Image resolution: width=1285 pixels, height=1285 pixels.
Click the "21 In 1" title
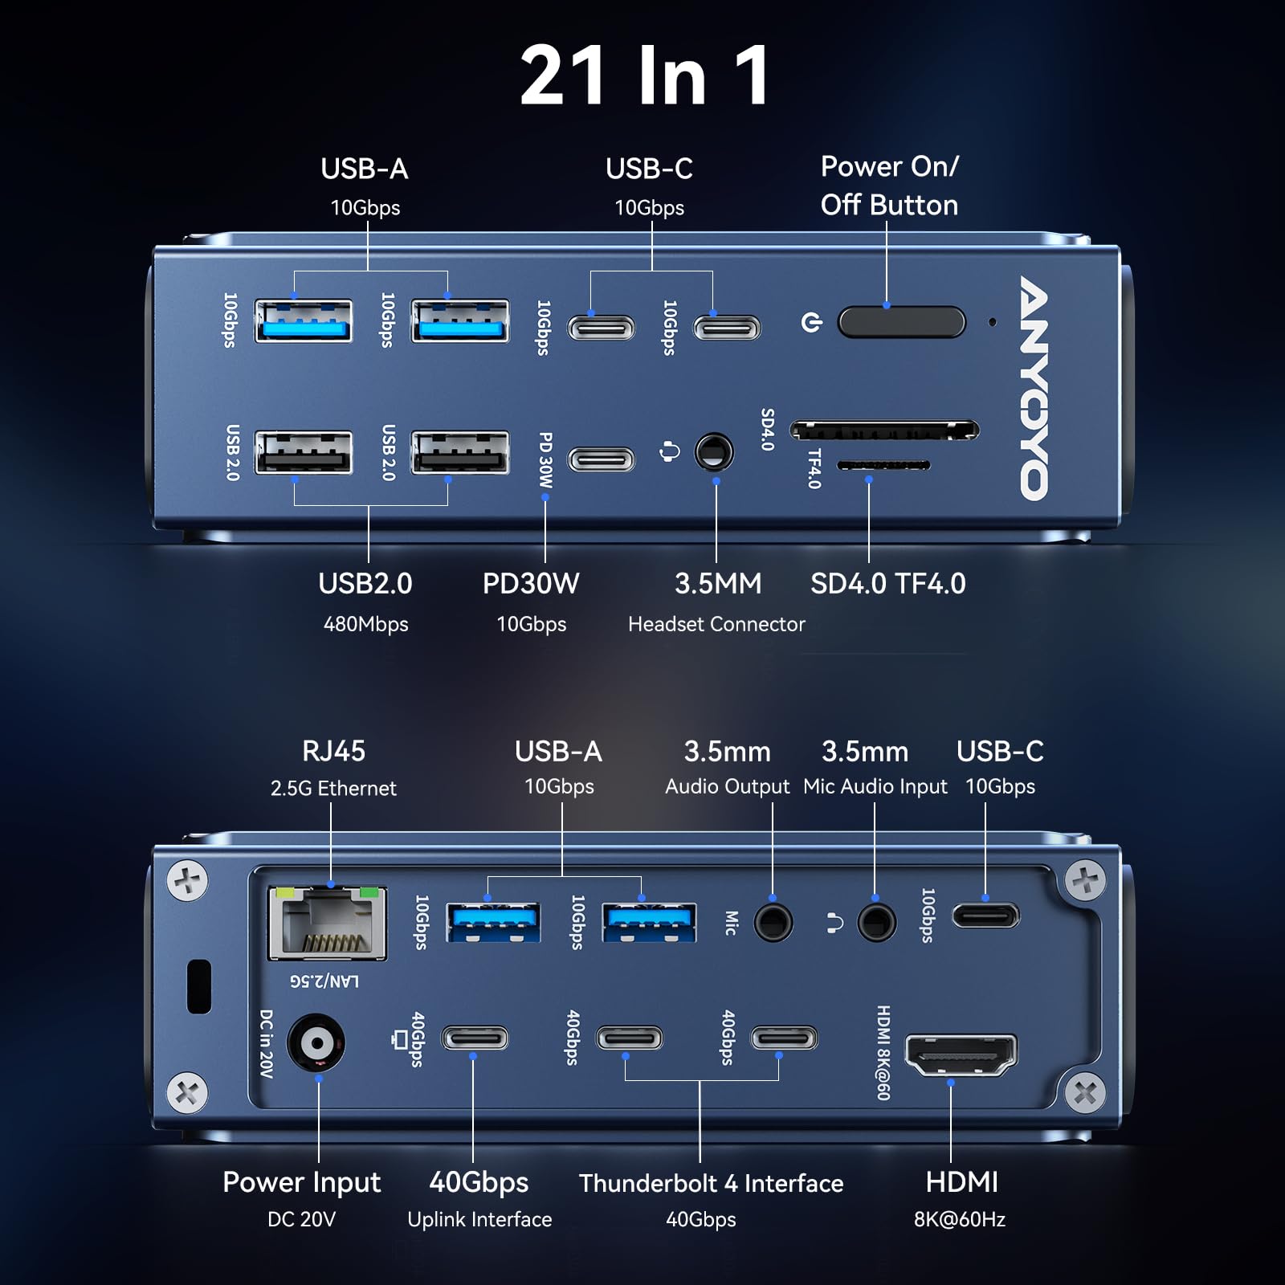point(645,75)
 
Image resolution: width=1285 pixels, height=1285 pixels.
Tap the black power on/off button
point(901,322)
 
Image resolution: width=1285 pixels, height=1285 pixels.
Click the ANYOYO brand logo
point(1034,389)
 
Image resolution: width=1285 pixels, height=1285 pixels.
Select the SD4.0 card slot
point(883,430)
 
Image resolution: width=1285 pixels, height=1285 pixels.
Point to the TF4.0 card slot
point(883,465)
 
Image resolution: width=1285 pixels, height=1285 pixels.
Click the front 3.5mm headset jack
point(713,452)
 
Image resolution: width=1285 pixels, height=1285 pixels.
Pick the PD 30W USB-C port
point(602,459)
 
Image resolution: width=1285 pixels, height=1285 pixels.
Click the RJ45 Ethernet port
point(328,924)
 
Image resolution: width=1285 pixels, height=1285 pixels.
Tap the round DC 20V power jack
point(316,1043)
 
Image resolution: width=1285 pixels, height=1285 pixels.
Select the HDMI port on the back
point(961,1055)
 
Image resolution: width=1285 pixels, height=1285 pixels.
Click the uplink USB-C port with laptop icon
point(475,1038)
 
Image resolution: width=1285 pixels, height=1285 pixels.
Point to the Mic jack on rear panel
point(773,922)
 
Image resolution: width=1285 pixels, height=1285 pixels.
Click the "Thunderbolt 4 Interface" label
point(711,1183)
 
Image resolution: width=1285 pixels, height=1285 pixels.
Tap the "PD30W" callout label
point(530,584)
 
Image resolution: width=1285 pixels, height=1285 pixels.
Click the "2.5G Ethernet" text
point(333,789)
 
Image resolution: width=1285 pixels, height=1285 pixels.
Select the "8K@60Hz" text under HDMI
point(959,1219)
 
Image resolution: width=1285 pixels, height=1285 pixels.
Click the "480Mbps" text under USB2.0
point(365,624)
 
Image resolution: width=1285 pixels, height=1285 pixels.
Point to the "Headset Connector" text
point(716,624)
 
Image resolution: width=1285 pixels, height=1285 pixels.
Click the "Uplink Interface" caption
point(479,1219)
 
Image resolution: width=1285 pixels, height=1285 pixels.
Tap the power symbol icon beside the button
point(812,323)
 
